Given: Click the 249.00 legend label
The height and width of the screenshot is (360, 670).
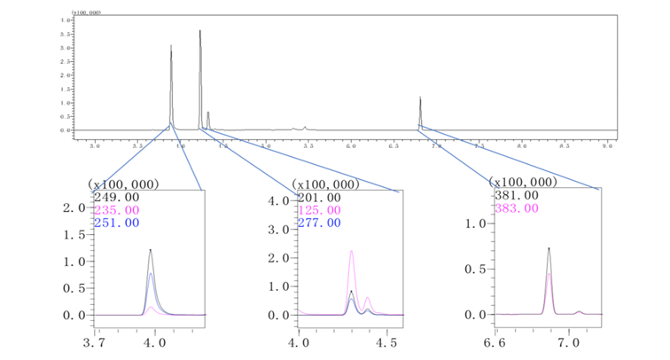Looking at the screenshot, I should point(110,197).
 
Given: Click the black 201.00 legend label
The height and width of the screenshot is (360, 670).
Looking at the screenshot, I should point(316,197).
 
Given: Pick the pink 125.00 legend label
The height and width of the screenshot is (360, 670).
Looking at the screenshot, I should point(316,210).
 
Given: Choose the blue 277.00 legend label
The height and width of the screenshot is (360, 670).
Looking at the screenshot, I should point(316,223).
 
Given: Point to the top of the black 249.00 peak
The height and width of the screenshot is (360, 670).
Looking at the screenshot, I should point(151,249).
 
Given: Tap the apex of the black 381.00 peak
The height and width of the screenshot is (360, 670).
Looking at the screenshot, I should point(549,248).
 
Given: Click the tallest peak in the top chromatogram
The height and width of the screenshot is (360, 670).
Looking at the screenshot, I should point(200,31).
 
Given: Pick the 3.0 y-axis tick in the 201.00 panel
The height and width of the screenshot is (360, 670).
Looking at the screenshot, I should point(280,229).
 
